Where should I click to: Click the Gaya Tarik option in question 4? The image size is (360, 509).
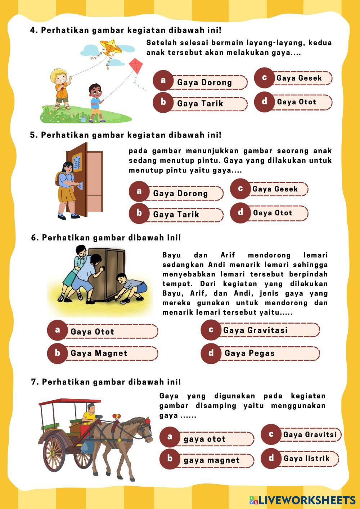[200, 104]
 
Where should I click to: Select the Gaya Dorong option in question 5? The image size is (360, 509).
[180, 193]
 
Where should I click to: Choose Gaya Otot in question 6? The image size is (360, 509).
[93, 332]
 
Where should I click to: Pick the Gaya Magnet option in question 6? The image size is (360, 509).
[99, 353]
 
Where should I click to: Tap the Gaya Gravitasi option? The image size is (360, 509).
[255, 330]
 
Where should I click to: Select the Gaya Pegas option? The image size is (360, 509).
[249, 353]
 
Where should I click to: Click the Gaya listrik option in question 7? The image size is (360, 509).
[306, 458]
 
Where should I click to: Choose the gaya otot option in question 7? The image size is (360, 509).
[204, 439]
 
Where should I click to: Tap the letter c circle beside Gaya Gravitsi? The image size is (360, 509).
[271, 434]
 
